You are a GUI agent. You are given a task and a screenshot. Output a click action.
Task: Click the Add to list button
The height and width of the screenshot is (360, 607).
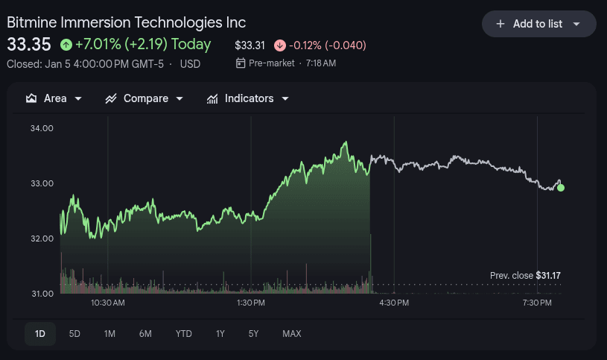(538, 24)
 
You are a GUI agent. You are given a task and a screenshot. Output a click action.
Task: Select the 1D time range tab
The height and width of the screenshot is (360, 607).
(40, 334)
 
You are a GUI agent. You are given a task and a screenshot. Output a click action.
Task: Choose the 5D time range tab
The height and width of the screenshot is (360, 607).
(74, 334)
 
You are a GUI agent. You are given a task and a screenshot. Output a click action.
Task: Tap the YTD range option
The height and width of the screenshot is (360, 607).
(184, 334)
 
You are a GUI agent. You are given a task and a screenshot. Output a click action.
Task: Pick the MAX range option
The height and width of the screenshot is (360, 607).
(292, 334)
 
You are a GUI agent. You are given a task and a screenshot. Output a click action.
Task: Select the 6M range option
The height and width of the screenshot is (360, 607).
(145, 334)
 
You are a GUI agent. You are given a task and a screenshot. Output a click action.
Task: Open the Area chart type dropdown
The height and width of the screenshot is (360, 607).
(54, 98)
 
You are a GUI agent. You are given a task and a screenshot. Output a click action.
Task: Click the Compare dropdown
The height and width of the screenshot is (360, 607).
(144, 98)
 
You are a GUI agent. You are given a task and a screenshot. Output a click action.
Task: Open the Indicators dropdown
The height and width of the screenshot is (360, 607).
(247, 98)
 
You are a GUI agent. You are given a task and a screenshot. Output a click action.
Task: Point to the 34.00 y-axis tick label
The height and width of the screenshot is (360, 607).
(42, 128)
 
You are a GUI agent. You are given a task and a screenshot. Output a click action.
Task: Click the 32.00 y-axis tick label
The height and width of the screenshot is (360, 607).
(42, 239)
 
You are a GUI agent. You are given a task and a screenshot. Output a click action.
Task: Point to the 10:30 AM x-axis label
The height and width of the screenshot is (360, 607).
(108, 303)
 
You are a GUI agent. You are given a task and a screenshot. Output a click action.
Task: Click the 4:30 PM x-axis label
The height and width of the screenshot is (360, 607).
(394, 303)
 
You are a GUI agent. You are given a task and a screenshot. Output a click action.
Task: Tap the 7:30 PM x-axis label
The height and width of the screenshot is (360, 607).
(537, 303)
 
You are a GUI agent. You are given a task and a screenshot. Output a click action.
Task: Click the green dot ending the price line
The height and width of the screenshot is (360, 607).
(561, 188)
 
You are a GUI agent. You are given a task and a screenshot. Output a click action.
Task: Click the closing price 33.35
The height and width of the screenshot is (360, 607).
(29, 45)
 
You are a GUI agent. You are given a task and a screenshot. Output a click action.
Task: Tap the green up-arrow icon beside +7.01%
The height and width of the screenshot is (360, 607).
(66, 45)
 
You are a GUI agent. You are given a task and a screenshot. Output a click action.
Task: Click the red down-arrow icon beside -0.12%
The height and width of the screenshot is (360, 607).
(279, 45)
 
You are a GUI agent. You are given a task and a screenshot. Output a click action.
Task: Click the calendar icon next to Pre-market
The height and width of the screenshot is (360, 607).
(241, 63)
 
